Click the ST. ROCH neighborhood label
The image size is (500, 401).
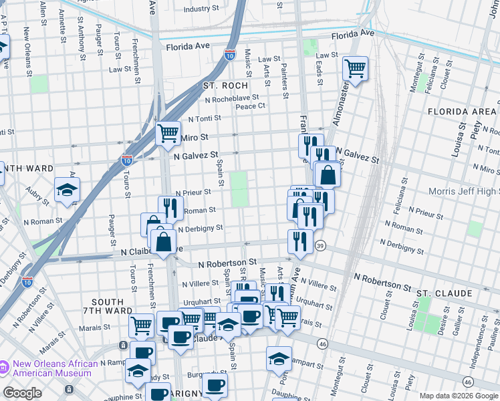pyautogui.click(x=225, y=86)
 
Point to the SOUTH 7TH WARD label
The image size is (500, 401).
pyautogui.click(x=108, y=306)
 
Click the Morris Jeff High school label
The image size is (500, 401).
pyautogui.click(x=464, y=192)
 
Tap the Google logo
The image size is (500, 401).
pyautogui.click(x=23, y=393)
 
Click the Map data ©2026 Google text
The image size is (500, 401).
pyautogui.click(x=458, y=396)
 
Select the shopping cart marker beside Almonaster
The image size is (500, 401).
pyautogui.click(x=356, y=68)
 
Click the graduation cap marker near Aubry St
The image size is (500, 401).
pyautogui.click(x=67, y=190)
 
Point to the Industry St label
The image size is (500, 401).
pyautogui.click(x=201, y=9)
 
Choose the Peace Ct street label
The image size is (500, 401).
pyautogui.click(x=251, y=106)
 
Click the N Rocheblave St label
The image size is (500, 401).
pyautogui.click(x=232, y=98)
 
